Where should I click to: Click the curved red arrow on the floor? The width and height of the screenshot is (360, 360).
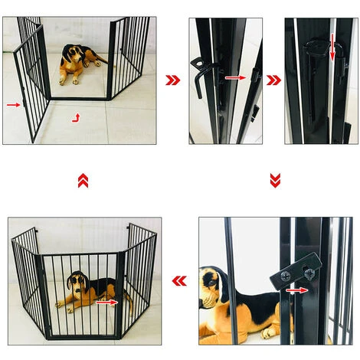pyautogui.click(x=75, y=117)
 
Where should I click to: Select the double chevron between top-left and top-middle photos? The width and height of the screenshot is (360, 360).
pyautogui.click(x=173, y=80)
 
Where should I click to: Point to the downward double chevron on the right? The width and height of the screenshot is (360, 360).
pyautogui.click(x=275, y=180)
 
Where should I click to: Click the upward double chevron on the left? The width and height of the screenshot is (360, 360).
pyautogui.click(x=83, y=180)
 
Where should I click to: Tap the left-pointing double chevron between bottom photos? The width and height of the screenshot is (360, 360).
pyautogui.click(x=179, y=280)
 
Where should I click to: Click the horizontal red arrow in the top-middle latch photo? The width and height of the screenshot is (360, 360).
pyautogui.click(x=235, y=77)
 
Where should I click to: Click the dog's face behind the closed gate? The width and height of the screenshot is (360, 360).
pyautogui.click(x=75, y=282)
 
